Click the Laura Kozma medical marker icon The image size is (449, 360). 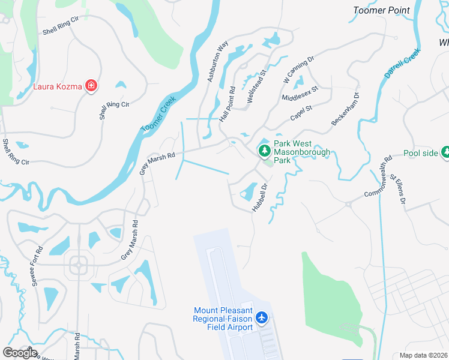coord(91,86)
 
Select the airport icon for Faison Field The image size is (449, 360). coord(262,316)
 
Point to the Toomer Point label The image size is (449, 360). coord(381,10)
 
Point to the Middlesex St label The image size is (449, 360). coord(299,93)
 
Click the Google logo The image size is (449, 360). coord(20,353)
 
